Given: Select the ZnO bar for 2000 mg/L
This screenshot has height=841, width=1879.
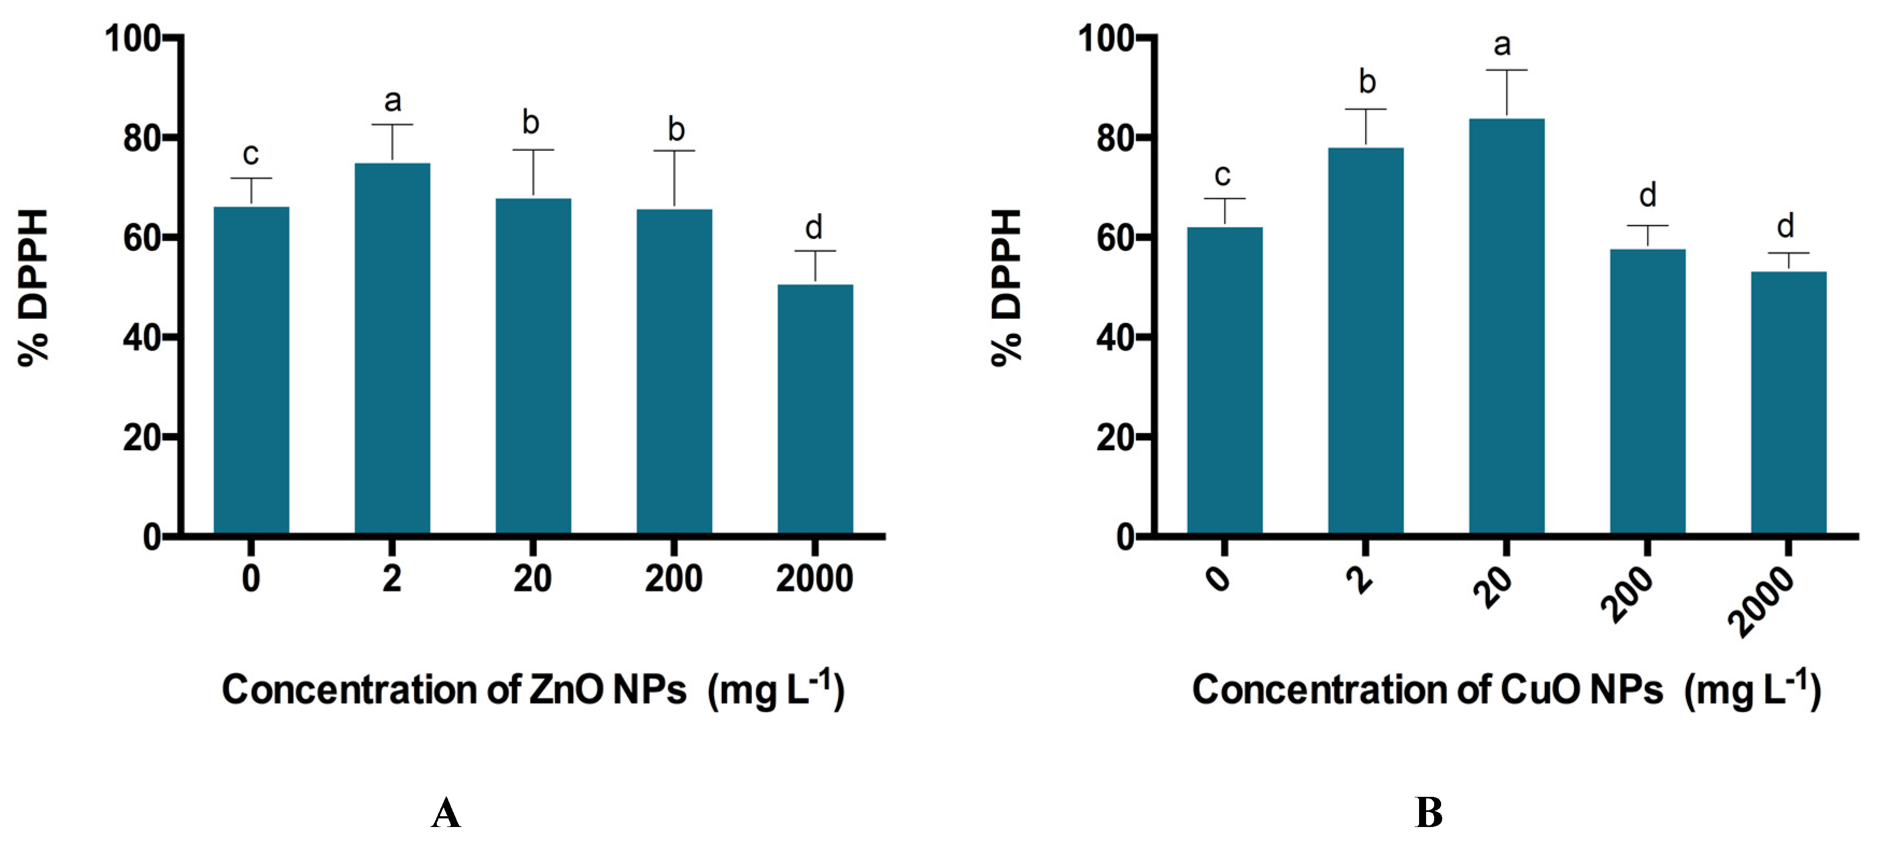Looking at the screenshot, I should click(815, 409).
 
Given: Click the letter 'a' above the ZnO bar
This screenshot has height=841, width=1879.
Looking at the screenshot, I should click(393, 101).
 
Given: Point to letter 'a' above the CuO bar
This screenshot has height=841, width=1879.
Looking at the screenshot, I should click(1502, 45).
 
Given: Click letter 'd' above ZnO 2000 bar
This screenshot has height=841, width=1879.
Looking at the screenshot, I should click(813, 228).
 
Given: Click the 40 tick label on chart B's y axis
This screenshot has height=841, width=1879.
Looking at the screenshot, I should click(1117, 338).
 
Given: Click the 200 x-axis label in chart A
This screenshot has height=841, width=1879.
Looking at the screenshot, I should click(673, 579).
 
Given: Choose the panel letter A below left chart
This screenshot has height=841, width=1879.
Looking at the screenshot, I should click(446, 813).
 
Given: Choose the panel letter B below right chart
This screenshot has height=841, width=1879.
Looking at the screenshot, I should click(1428, 812).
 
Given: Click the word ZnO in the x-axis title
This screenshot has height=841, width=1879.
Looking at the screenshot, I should click(565, 689).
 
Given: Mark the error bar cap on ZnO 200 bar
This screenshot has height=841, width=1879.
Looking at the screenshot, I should click(674, 151).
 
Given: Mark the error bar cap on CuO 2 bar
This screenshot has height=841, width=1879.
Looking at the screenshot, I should click(1365, 109).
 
